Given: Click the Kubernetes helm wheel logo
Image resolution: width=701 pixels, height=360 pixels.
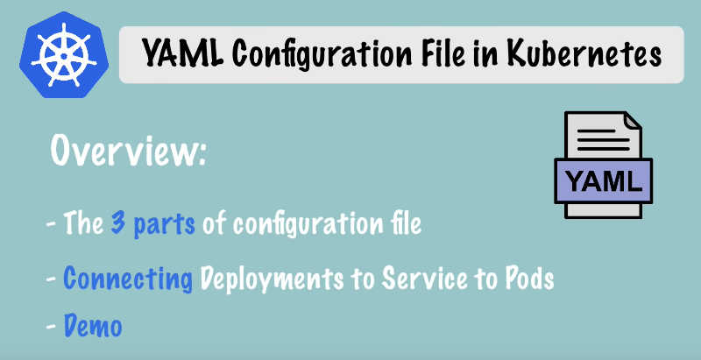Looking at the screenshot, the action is [x=63, y=55].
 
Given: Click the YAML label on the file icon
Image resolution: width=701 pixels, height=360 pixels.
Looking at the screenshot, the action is [x=604, y=181].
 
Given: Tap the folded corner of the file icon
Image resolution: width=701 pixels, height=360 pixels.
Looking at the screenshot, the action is [x=632, y=121].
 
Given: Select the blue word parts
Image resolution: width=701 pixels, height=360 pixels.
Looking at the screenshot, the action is [x=164, y=223].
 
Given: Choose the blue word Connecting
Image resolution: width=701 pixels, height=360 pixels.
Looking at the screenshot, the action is [x=128, y=279].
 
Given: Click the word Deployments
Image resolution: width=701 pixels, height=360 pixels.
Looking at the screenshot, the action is [x=273, y=279].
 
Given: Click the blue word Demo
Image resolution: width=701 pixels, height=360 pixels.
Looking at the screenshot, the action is [x=93, y=326].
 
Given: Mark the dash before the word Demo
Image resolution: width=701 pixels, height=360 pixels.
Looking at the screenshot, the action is [x=51, y=326].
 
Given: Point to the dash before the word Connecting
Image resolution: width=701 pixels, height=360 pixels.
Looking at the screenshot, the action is [x=51, y=279].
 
